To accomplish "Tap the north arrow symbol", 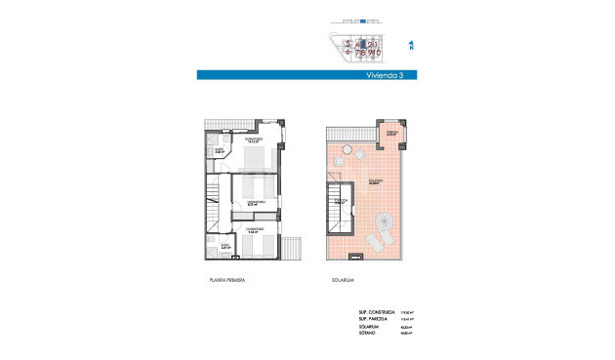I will click(412, 44).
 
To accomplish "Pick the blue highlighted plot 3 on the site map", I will click(362, 44).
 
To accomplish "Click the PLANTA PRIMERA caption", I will click(226, 279).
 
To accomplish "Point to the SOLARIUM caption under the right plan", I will click(342, 279).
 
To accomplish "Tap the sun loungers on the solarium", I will click(375, 240).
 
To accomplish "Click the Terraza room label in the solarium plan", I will click(390, 134).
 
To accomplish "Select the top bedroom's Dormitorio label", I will click(252, 140).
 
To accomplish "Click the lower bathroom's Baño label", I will click(225, 247).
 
